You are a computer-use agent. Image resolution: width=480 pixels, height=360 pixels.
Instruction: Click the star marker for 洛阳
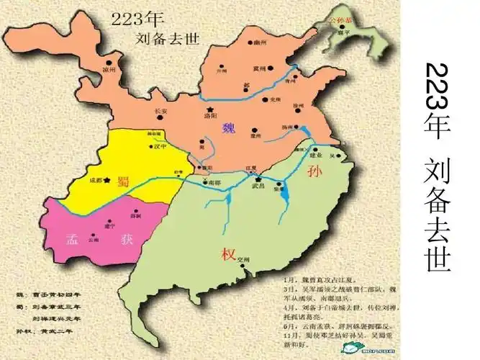[x=211, y=108]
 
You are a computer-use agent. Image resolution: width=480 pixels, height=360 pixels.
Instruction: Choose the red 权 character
[x=229, y=253]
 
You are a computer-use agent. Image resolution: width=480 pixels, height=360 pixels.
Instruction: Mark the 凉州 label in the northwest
[x=109, y=70]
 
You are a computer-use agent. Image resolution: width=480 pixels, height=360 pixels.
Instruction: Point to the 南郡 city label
[x=214, y=183]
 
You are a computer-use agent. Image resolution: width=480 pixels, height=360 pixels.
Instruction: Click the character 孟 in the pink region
[x=72, y=238]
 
